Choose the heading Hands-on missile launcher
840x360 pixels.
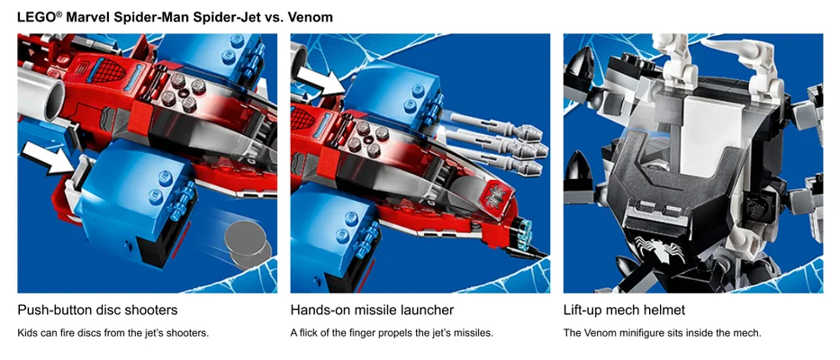coord(372,310)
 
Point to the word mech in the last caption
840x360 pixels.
coord(746,333)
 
